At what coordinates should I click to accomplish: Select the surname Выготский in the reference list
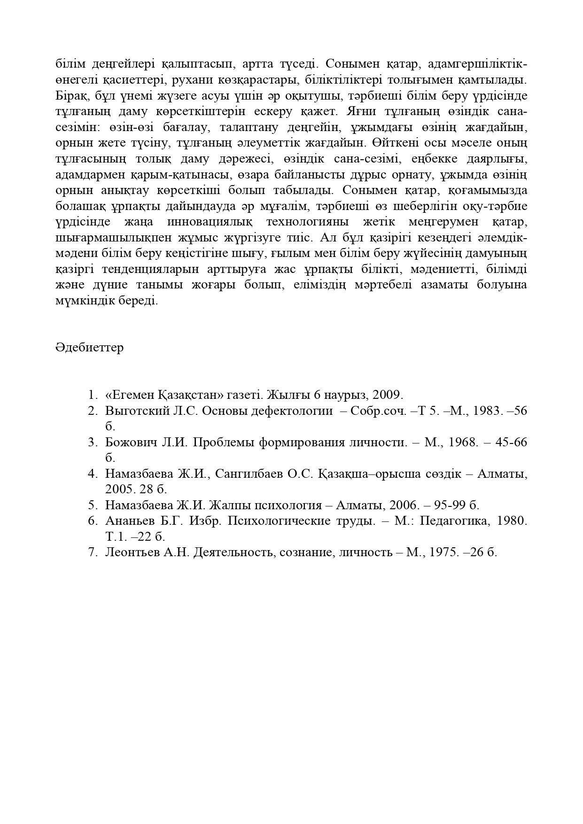pyautogui.click(x=137, y=411)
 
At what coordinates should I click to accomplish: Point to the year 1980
pyautogui.click(x=512, y=521)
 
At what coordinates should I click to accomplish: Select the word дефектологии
pyautogui.click(x=292, y=411)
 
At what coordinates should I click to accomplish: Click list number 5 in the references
pyautogui.click(x=92, y=505)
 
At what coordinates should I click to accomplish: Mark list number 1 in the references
pyautogui.click(x=92, y=395)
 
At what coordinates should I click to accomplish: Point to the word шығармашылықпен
pyautogui.click(x=109, y=237)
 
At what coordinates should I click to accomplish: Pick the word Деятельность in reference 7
pyautogui.click(x=234, y=552)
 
